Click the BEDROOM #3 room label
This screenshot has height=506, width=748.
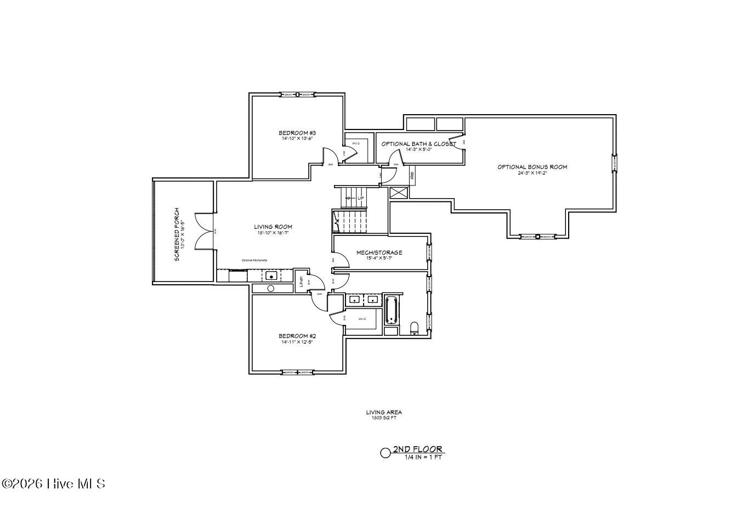[x=297, y=133]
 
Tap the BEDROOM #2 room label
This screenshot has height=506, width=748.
[x=297, y=336]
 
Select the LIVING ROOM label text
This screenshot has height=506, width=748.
[x=273, y=227]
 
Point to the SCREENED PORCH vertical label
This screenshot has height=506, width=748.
[x=177, y=234]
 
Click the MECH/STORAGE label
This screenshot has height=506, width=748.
[x=379, y=252]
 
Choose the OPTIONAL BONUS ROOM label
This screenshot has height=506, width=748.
[x=532, y=167]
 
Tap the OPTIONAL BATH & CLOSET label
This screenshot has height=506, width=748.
[x=418, y=144]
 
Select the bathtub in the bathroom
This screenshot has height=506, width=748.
[x=391, y=311]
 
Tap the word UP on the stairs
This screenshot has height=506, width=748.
[x=360, y=198]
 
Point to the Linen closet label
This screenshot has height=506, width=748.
[x=301, y=282]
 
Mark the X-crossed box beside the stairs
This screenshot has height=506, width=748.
[x=398, y=193]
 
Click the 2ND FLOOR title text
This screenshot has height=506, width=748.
[x=417, y=449]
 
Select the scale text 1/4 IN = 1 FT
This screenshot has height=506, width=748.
[x=423, y=457]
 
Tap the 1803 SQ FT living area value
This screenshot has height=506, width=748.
[x=384, y=418]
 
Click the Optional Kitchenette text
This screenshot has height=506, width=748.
[x=255, y=260]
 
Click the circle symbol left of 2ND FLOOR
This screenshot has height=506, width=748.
[x=386, y=453]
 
